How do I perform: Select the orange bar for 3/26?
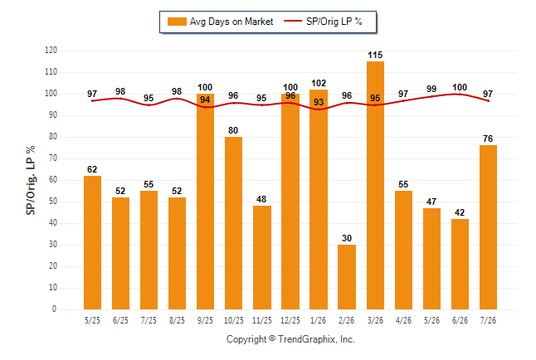point(375,185)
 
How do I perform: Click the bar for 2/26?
point(347,277)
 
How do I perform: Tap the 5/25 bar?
point(92,243)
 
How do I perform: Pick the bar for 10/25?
point(233,223)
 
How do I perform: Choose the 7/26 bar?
point(488,227)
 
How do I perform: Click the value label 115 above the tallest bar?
point(375,55)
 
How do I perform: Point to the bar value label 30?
point(347,238)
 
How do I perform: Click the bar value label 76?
point(488,139)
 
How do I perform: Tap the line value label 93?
point(319,102)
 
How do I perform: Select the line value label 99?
point(431,89)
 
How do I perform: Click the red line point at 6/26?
point(460,94)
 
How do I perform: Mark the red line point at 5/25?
point(92,101)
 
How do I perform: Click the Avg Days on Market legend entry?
point(220,22)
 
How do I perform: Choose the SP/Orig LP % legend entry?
point(323,22)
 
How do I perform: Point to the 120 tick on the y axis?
point(51,51)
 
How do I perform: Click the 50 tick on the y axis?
point(53,202)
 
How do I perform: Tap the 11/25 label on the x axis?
point(262,321)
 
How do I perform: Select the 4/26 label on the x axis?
point(403,321)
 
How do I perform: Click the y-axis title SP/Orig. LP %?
point(31,181)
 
